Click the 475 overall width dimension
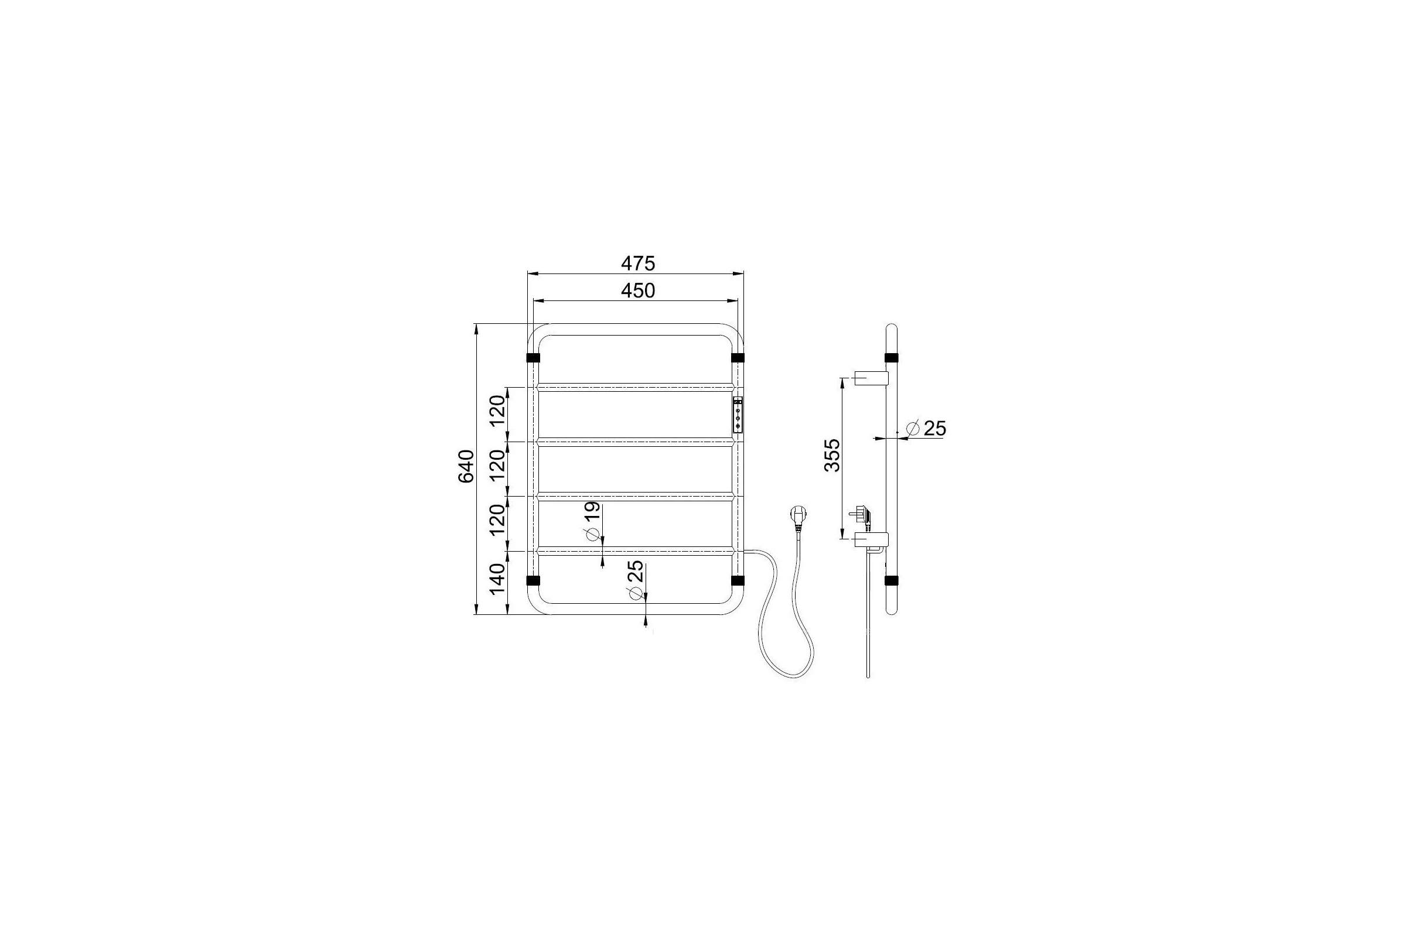pos(638,263)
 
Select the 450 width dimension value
pos(638,290)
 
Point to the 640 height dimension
pos(466,467)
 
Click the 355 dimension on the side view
pos(832,456)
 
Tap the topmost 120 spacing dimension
pos(497,412)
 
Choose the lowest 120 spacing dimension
pos(497,521)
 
